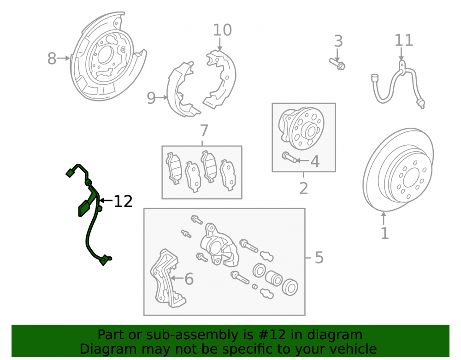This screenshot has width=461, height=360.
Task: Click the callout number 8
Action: pos(52,59)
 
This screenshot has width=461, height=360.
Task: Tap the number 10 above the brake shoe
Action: pos(222,30)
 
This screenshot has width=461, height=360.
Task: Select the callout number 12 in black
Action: pos(123,201)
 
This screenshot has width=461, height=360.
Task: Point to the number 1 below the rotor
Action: pos(384,234)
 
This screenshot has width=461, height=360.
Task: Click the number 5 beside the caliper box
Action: pos(319,258)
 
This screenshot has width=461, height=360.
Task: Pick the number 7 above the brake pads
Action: pos(204,131)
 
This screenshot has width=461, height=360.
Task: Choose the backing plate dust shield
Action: pos(108,56)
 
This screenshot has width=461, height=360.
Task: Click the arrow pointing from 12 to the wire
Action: pos(106,201)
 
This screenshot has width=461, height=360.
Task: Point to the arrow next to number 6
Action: pos(177,278)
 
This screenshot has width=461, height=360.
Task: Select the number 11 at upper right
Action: pos(404,41)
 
